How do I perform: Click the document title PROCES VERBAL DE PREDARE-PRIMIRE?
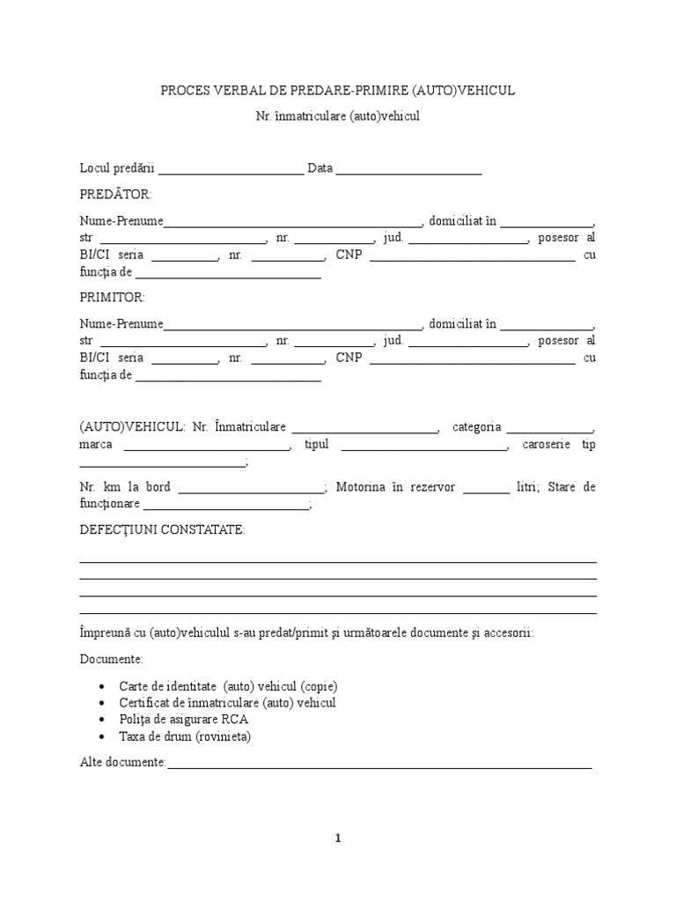337,91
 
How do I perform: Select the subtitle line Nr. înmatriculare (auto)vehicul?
337,116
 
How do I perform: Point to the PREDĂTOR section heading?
115,194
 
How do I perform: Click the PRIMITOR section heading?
113,298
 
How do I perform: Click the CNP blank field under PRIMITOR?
472,359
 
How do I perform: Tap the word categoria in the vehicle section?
476,427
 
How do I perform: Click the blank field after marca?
207,445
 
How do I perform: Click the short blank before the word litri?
486,488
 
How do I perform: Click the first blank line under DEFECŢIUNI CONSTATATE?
338,561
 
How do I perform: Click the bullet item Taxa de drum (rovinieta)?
185,736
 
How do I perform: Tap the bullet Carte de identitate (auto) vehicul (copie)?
228,686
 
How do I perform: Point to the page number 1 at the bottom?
337,839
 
